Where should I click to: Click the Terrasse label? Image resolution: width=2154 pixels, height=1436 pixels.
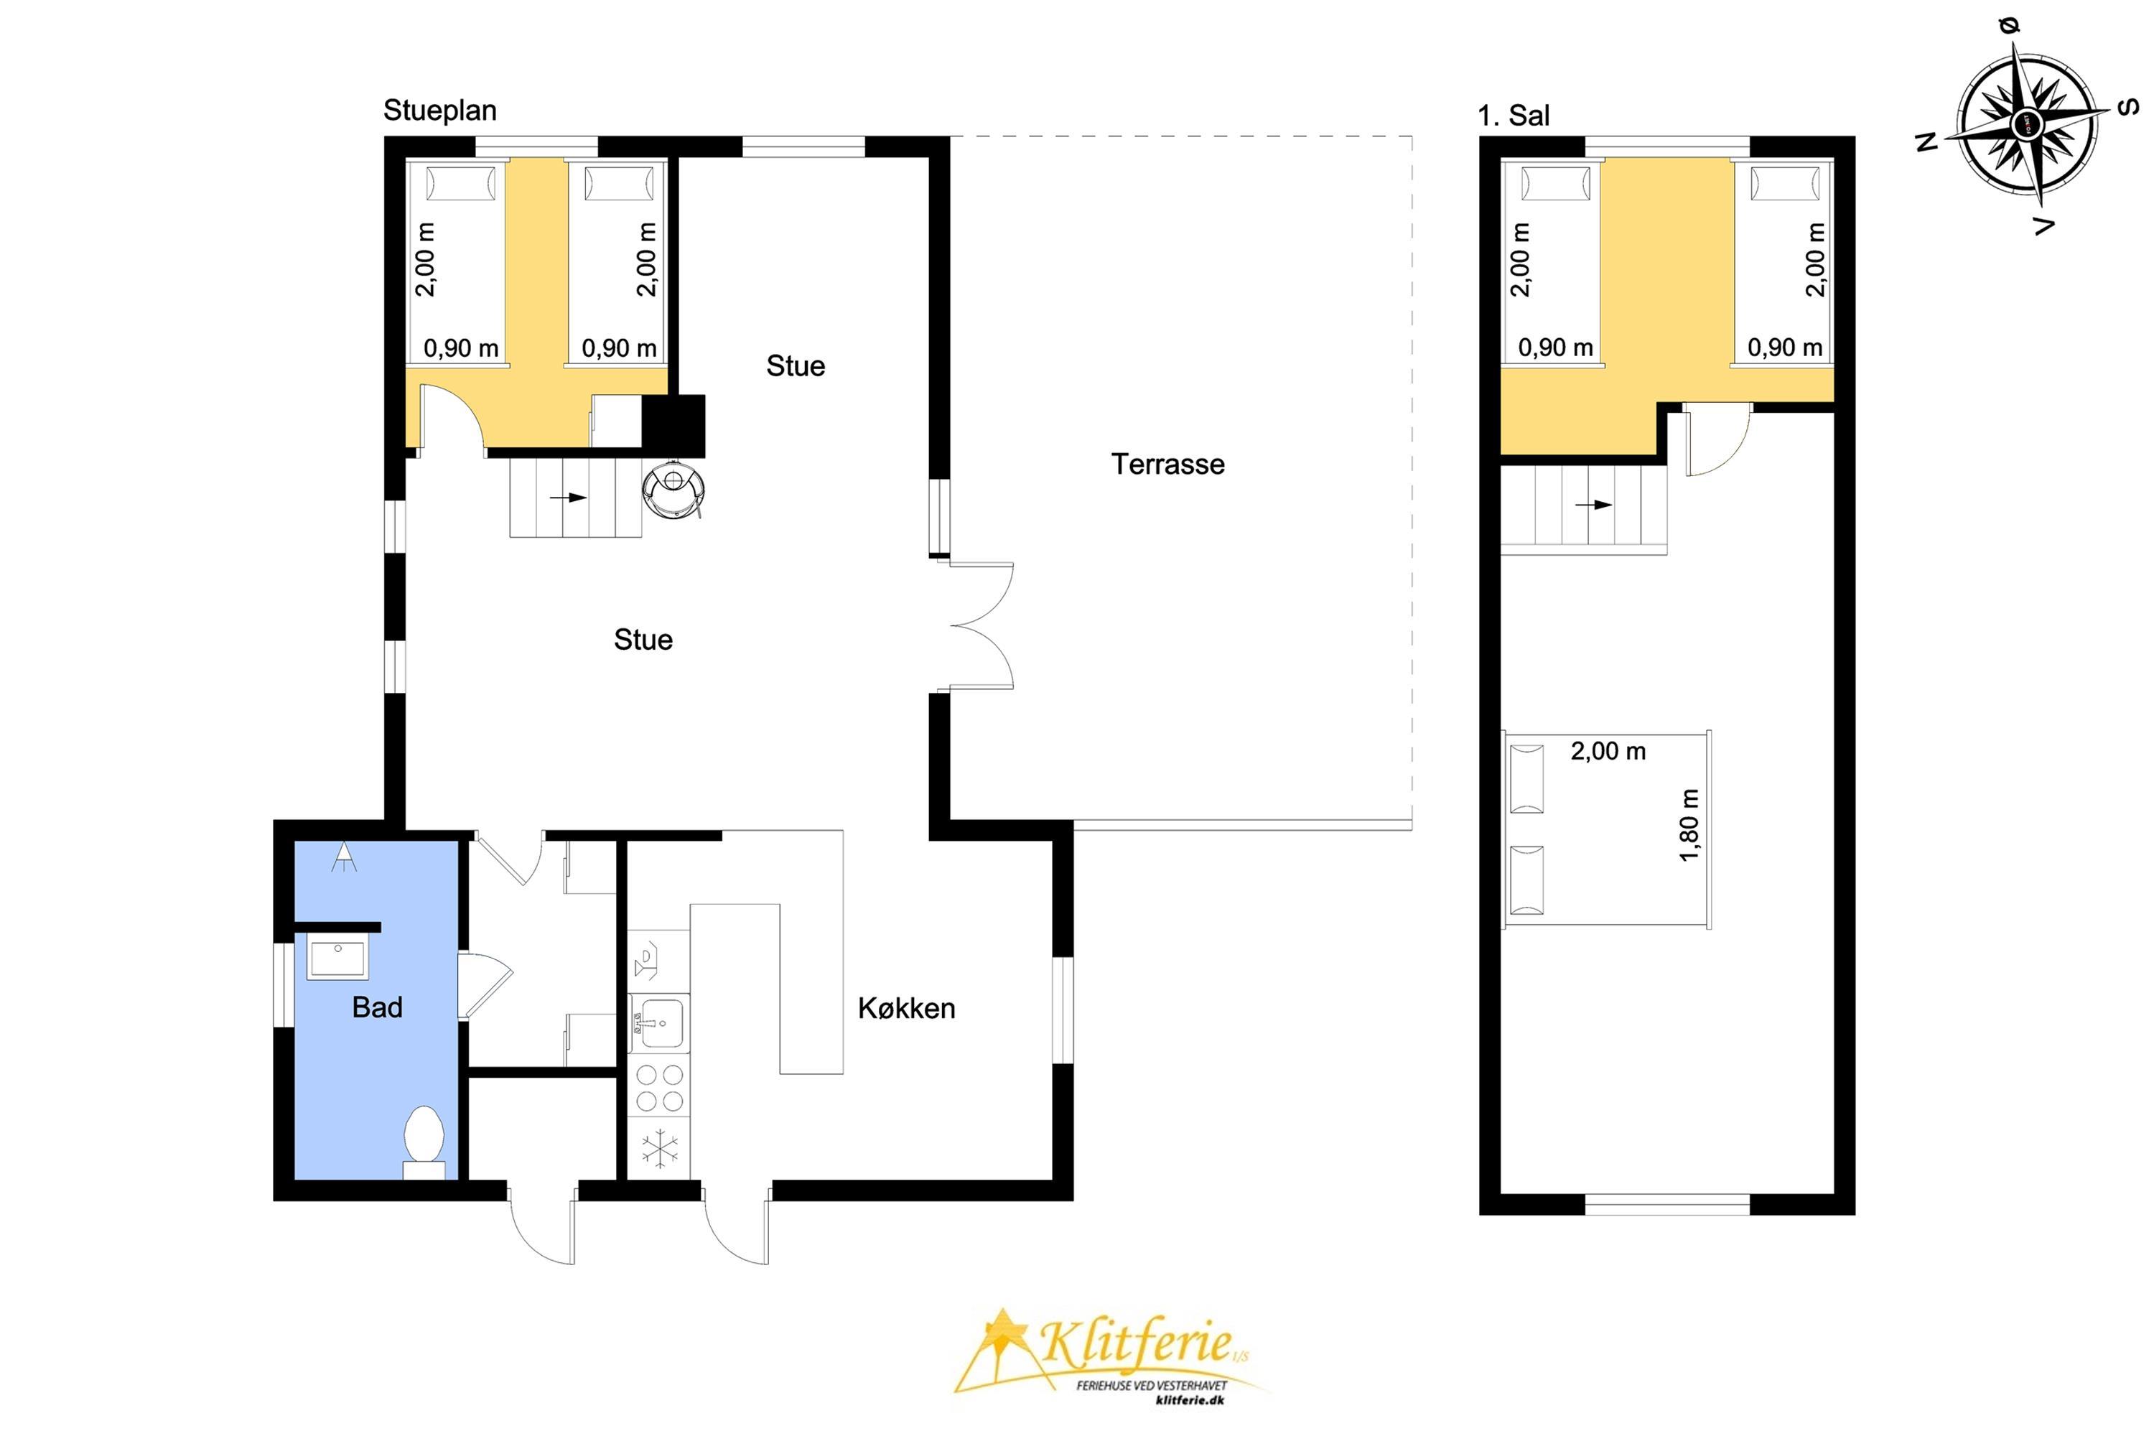pyautogui.click(x=1167, y=465)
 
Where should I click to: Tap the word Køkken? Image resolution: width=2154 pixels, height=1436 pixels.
pyautogui.click(x=907, y=1008)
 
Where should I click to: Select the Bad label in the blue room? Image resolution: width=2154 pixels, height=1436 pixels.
pyautogui.click(x=378, y=1007)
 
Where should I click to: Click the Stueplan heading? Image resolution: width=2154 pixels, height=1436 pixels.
pyautogui.click(x=439, y=110)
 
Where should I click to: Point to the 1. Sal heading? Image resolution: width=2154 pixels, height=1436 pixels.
pyautogui.click(x=1514, y=116)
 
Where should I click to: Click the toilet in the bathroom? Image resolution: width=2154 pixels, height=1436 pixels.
pyautogui.click(x=424, y=1142)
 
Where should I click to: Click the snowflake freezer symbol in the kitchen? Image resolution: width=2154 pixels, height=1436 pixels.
pyautogui.click(x=659, y=1150)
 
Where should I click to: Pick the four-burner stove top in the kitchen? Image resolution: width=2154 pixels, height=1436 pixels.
pyautogui.click(x=659, y=1087)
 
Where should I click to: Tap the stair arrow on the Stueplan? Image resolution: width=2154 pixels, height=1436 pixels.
pyautogui.click(x=568, y=498)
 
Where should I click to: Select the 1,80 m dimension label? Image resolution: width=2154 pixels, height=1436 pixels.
pyautogui.click(x=1689, y=825)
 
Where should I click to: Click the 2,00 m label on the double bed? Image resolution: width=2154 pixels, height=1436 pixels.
pyautogui.click(x=1608, y=751)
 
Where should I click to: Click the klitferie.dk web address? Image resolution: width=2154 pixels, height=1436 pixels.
pyautogui.click(x=1190, y=1399)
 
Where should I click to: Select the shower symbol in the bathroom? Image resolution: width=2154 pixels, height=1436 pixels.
pyautogui.click(x=345, y=857)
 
